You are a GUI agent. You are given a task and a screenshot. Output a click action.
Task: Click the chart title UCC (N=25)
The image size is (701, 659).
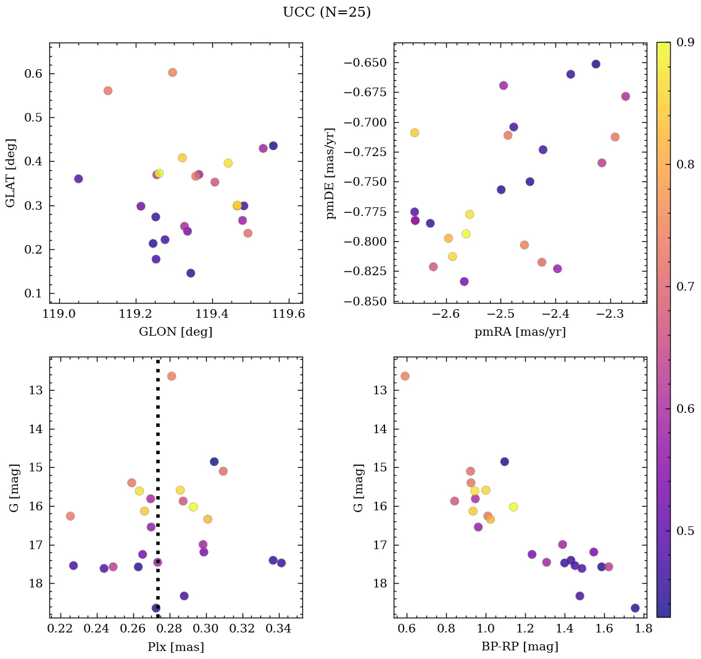pyautogui.click(x=326, y=12)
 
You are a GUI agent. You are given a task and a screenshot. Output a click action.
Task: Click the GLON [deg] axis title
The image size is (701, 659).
pyautogui.click(x=176, y=332)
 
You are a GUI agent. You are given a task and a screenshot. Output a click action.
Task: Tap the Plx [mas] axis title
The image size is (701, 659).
pyautogui.click(x=176, y=647)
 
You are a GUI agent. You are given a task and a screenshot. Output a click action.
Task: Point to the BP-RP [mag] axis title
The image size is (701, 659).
pyautogui.click(x=520, y=647)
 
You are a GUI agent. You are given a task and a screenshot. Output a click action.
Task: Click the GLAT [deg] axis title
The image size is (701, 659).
pyautogui.click(x=10, y=173)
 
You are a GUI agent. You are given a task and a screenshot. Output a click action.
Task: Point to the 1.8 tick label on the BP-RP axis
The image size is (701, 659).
pyautogui.click(x=644, y=629)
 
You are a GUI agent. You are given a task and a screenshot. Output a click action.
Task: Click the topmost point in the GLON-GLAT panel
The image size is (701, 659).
pyautogui.click(x=172, y=72)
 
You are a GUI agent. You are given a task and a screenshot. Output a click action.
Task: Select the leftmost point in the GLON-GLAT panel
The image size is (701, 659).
pyautogui.click(x=78, y=179)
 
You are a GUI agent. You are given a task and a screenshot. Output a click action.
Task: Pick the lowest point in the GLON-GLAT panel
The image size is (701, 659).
pyautogui.click(x=191, y=273)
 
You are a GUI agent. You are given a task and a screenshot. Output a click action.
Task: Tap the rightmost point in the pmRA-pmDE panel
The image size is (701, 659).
pyautogui.click(x=625, y=96)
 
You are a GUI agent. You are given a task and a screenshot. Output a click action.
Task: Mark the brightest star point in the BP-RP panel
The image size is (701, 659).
pyautogui.click(x=405, y=376)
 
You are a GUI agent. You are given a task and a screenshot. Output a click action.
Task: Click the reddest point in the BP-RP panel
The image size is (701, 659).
pyautogui.click(x=635, y=608)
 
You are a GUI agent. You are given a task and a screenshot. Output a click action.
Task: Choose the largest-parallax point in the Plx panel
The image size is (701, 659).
pyautogui.click(x=281, y=563)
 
